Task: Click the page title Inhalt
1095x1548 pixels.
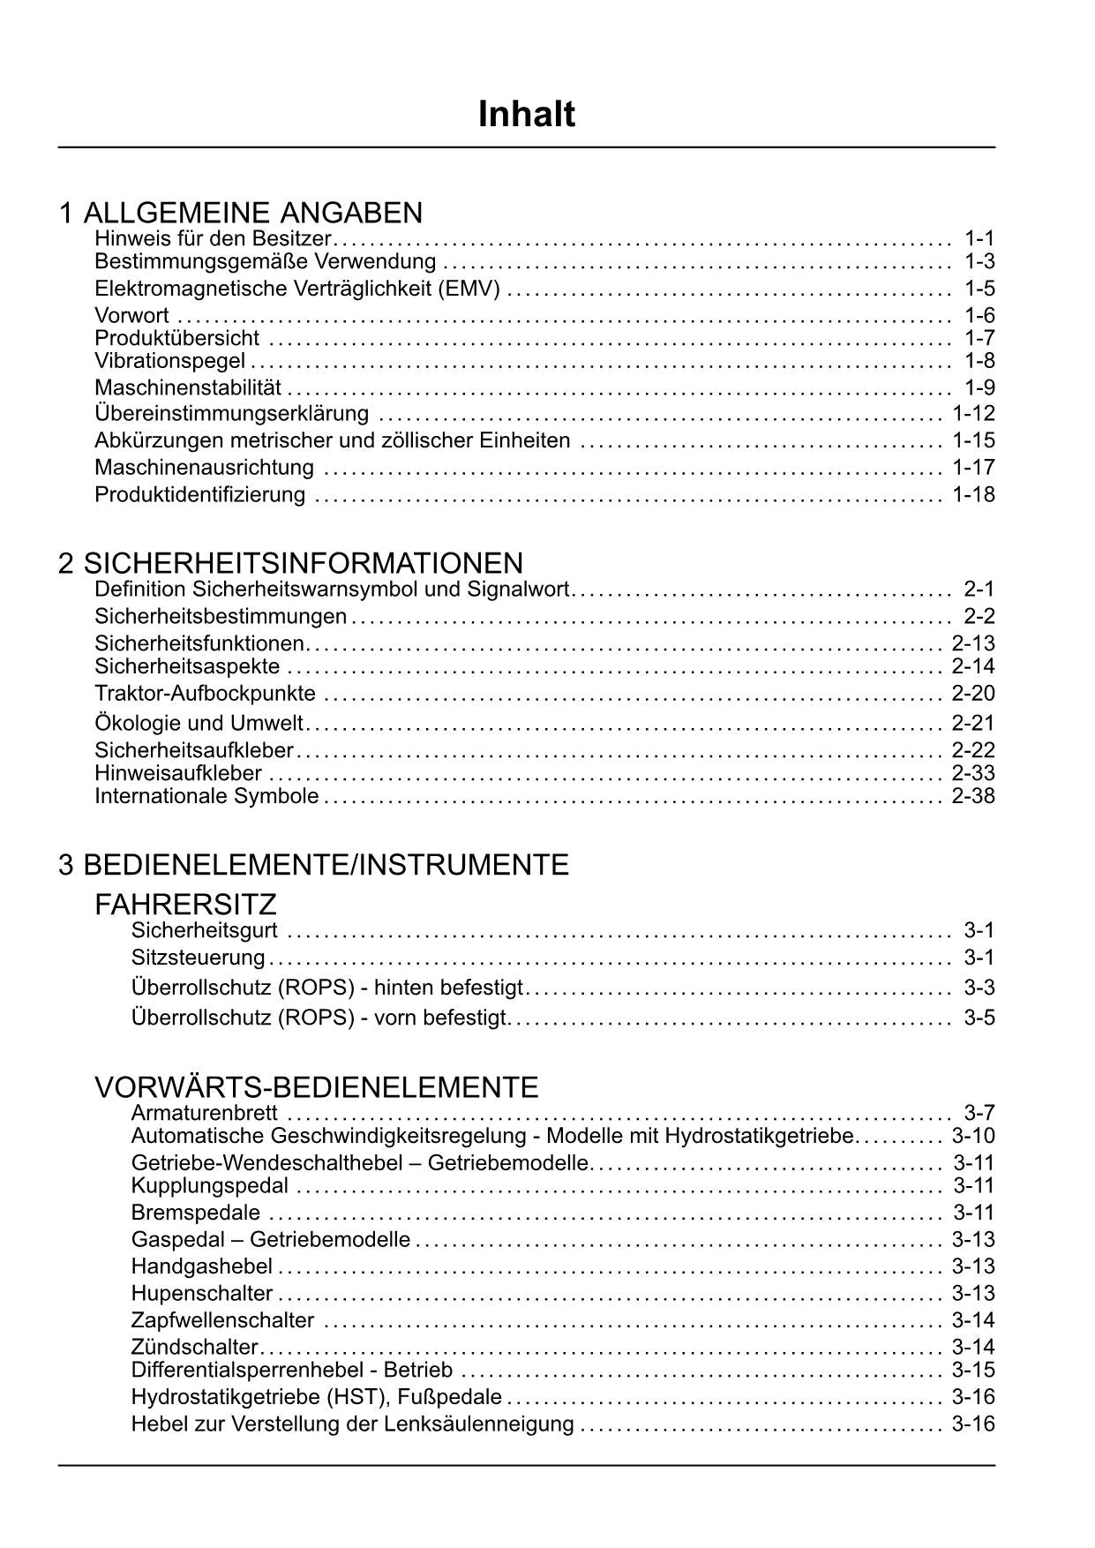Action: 526,115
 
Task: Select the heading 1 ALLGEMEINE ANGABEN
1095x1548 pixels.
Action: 240,213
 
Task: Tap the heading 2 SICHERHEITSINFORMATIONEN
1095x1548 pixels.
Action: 290,563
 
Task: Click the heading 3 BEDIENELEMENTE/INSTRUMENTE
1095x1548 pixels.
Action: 313,864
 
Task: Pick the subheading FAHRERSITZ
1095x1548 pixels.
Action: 185,904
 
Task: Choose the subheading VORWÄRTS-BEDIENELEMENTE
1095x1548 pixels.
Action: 316,1086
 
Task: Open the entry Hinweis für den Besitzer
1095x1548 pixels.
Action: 212,238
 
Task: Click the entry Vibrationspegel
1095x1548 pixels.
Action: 169,360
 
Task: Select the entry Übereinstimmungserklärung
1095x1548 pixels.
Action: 231,413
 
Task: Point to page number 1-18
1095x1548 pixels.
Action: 973,494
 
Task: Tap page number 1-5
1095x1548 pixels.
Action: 979,289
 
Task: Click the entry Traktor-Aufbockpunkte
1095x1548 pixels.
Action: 205,694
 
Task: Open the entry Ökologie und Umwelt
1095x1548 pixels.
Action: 199,724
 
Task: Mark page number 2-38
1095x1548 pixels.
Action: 973,796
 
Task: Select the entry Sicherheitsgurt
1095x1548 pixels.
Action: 204,930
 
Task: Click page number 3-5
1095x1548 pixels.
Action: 979,1018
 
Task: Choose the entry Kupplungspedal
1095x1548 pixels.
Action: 209,1185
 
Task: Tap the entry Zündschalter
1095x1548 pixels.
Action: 194,1347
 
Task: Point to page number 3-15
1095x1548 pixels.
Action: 973,1370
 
